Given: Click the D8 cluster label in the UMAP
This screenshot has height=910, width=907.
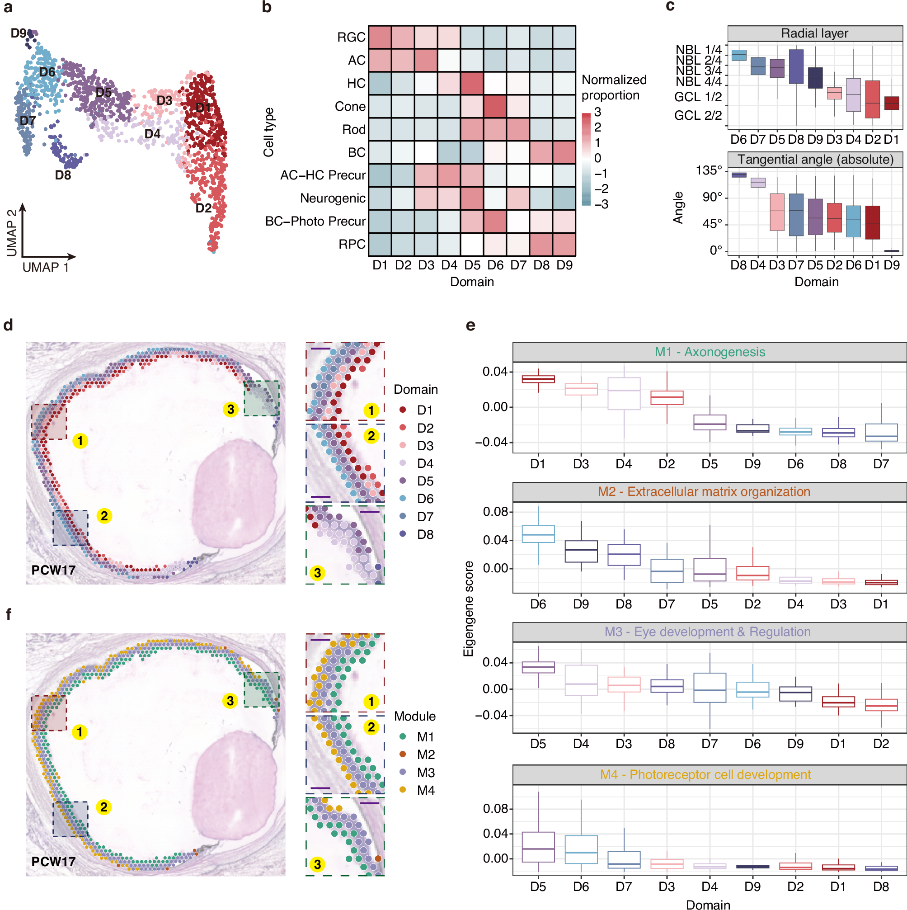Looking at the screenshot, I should pos(63,175).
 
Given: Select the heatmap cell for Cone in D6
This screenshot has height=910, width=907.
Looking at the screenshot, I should pos(495,106).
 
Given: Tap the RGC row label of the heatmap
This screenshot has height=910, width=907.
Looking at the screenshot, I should pos(351,37).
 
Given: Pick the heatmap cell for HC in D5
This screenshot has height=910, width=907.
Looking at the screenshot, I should pos(472,83).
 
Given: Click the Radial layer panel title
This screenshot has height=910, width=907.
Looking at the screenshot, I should pos(814,33).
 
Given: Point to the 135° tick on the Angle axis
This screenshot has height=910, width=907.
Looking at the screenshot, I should pos(709,170).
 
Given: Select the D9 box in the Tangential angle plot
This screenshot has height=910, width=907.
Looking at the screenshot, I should pos(892,251).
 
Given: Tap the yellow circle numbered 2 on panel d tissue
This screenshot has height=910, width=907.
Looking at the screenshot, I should pos(104,516).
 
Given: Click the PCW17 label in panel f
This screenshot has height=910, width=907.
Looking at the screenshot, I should pos(53,862).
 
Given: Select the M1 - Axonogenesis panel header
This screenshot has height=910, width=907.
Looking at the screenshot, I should pos(709,352).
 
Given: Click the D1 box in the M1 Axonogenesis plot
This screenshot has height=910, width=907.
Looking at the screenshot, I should pos(538,379).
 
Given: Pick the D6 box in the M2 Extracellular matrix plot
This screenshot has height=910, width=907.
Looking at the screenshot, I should pos(538,535).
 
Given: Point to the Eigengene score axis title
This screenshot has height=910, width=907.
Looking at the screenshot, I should pos(468,609).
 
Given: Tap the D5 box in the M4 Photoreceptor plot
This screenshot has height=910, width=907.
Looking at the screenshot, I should pos(538,847).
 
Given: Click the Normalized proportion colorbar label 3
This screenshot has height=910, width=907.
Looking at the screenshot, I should pos(597,112).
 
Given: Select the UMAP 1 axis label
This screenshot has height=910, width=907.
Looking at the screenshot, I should pos(46,268).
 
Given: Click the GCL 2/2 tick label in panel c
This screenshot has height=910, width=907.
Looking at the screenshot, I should pos(697,115).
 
